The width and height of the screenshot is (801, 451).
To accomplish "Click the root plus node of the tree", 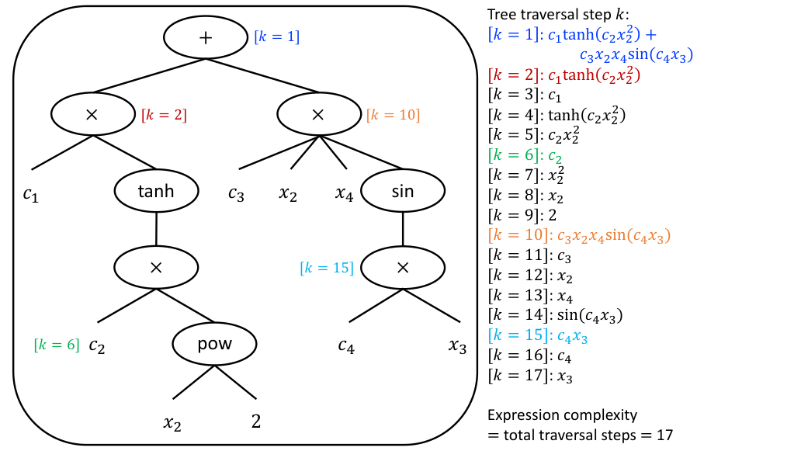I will tap(206, 38).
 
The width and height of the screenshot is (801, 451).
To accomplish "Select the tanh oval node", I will tap(157, 190).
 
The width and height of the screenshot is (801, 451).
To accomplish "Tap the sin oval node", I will tap(402, 190).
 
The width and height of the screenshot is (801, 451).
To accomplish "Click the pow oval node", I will tap(214, 342).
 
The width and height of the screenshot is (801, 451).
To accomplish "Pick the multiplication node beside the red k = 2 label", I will tap(93, 114).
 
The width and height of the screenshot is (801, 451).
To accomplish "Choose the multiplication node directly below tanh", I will tap(156, 266).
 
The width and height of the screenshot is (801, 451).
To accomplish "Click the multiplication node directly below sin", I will tap(402, 266).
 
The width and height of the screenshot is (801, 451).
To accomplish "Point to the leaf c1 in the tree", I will tap(30, 195).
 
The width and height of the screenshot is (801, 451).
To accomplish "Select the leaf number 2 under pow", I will tap(256, 422).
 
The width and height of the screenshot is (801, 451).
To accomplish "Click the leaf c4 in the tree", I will tap(346, 346).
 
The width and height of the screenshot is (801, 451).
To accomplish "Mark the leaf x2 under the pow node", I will tap(172, 423).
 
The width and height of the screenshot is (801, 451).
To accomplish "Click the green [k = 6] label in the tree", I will tap(57, 345).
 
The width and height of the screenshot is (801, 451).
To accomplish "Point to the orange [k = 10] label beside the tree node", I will tap(393, 116).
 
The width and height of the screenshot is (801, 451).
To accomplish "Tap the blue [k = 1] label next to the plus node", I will tap(276, 36).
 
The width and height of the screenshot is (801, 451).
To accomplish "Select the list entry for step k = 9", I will tap(518, 217).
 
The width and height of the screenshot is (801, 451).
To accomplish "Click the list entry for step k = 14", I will tap(555, 315).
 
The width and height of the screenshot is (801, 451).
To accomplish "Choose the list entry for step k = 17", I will tap(521, 376).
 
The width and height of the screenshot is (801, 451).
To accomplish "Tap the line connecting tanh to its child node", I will tap(157, 228).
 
